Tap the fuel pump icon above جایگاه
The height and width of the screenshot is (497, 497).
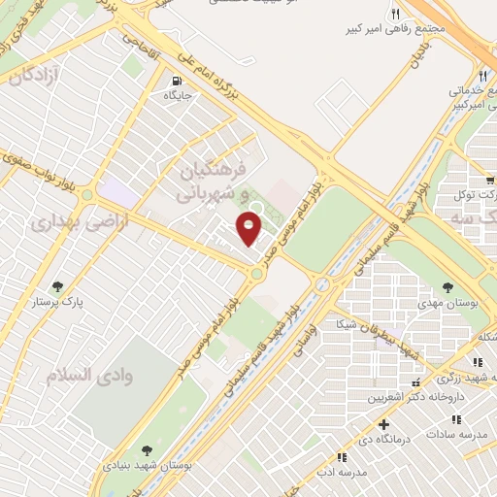(x=176, y=82)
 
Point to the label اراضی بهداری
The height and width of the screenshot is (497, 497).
(x=55, y=224)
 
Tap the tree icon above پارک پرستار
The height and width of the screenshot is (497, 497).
(x=58, y=286)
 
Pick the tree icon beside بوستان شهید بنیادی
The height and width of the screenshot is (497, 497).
(x=146, y=449)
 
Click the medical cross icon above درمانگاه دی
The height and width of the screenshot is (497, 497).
(x=385, y=424)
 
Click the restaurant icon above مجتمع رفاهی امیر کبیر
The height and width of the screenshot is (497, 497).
(x=395, y=15)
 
